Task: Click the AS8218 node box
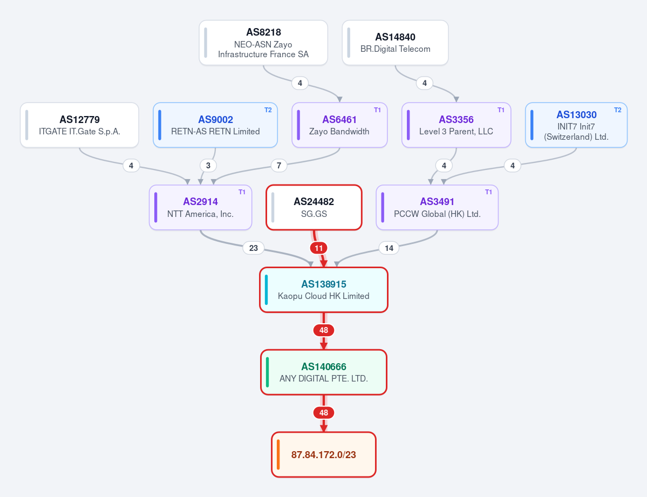[x=263, y=43]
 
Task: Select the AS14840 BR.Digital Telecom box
[x=396, y=43]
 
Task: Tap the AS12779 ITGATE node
[x=80, y=125]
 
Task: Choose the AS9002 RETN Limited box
[x=215, y=125]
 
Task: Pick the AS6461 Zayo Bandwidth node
[x=339, y=125]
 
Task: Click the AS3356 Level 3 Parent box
[x=457, y=125]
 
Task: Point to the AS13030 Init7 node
[x=576, y=125]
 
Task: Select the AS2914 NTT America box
[x=201, y=207]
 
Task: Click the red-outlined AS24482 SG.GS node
[x=314, y=207]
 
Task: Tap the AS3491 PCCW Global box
[x=438, y=207]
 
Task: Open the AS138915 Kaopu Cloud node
[x=324, y=290]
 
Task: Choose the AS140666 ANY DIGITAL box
[x=324, y=372]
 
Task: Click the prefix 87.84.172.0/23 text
[x=324, y=455]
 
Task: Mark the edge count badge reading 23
[x=254, y=248]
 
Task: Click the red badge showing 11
[x=318, y=248]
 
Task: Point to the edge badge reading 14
[x=389, y=248]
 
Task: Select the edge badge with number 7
[x=279, y=166]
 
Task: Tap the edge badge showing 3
[x=208, y=166]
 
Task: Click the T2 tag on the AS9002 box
[x=268, y=110]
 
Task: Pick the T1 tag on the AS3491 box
[x=488, y=192]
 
